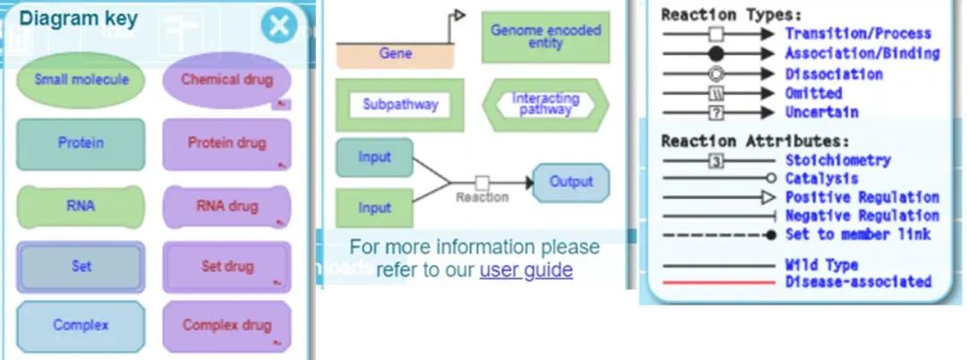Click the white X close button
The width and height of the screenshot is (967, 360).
tap(279, 26)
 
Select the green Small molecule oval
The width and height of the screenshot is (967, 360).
tap(81, 80)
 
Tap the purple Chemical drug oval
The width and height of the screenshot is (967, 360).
tap(227, 80)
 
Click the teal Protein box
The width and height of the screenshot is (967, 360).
tap(81, 143)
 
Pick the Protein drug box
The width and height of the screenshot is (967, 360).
tap(227, 143)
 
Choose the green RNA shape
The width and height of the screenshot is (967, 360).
tap(81, 206)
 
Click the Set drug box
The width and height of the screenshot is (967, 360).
tap(227, 267)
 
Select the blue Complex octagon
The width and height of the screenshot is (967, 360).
tap(81, 325)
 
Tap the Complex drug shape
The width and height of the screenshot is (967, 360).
tap(227, 325)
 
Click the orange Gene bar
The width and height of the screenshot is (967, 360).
tap(395, 55)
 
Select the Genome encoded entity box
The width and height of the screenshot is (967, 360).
tap(545, 37)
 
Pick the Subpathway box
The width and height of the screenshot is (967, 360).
tap(400, 105)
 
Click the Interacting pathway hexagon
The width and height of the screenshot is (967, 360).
tap(545, 105)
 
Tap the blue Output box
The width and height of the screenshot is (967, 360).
tap(571, 182)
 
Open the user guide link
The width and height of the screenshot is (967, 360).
tap(526, 270)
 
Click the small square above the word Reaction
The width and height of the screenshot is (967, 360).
tap(482, 182)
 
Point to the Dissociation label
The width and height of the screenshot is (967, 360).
tap(834, 73)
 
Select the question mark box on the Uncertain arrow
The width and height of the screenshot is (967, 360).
tap(715, 113)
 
